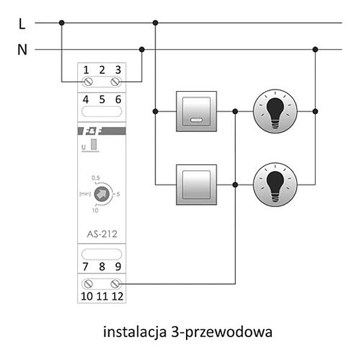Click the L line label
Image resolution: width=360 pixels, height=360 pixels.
22,23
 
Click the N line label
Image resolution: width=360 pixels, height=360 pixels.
22,50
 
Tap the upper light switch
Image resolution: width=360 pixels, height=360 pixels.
196,111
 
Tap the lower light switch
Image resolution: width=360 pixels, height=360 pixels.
196,185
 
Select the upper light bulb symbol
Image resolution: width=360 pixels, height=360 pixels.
274,111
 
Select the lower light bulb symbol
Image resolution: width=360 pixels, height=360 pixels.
274,185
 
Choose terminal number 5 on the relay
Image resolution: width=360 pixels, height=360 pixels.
102,100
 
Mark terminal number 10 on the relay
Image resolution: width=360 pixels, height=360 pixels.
88,295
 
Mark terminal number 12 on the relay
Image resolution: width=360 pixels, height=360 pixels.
117,295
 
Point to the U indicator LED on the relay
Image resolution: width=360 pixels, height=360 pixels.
94,146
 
